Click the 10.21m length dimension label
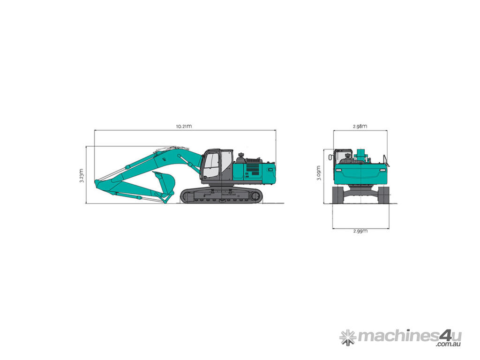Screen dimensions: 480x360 click(184, 126)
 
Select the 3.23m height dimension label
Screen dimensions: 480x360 click(82, 175)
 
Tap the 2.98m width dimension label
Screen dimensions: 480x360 click(360, 126)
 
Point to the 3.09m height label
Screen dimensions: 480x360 click(319, 173)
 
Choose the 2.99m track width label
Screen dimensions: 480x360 click(360, 231)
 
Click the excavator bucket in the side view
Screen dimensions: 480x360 click(165, 183)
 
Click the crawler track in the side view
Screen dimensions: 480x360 click(221, 195)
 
